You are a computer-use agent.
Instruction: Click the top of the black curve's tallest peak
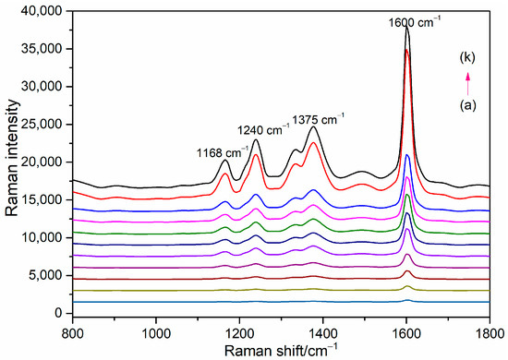tap(406, 27)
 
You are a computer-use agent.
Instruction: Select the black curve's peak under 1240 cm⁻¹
tap(255, 140)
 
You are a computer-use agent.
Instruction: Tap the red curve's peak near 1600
tap(406, 50)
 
